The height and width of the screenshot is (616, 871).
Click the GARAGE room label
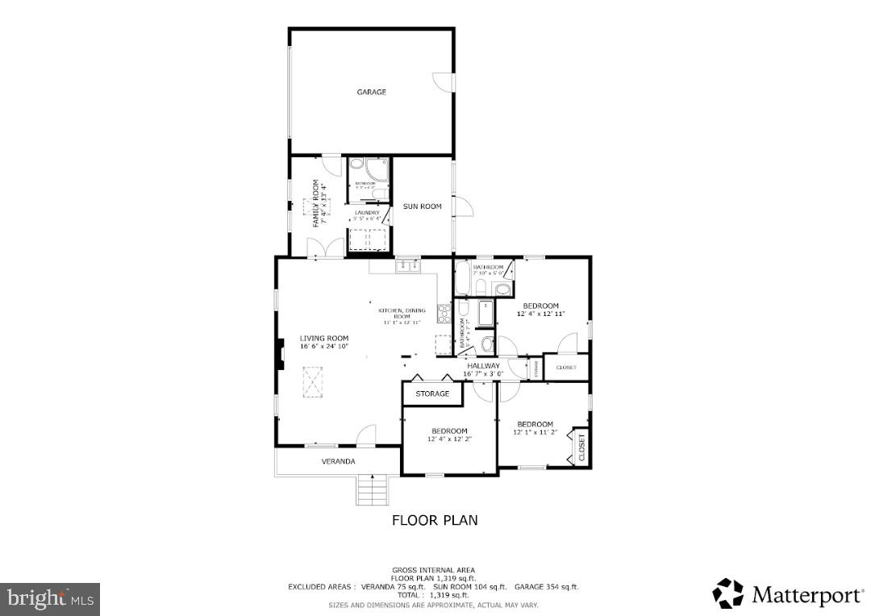coord(371,92)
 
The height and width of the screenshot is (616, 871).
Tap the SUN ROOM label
coord(423,206)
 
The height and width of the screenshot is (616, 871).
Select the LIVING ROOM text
coord(324,338)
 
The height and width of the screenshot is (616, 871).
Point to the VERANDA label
coord(338,461)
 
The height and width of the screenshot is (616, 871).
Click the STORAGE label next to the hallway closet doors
coord(432,393)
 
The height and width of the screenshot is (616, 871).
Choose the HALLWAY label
coord(484,365)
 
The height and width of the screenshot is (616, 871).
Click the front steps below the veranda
coord(371,489)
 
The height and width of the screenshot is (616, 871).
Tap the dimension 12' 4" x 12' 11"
coord(540,314)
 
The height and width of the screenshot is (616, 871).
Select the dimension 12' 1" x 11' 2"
coord(535,432)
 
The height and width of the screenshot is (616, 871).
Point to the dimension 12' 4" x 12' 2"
coord(449,439)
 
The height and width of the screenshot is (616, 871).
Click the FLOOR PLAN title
coord(435,520)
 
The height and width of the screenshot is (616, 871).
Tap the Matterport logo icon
coord(728,594)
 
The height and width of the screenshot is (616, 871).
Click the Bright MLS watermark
coord(50,598)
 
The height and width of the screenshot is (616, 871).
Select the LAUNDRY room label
coord(367,213)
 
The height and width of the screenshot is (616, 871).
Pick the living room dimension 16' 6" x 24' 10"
coord(324,346)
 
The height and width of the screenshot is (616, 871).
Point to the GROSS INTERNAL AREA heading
coord(433,569)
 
